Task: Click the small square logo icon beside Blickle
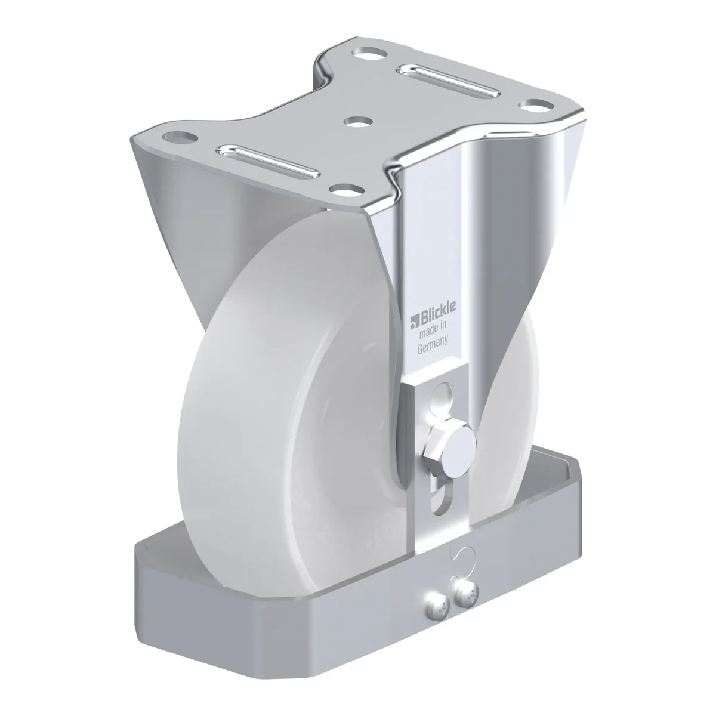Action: tap(414, 322)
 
